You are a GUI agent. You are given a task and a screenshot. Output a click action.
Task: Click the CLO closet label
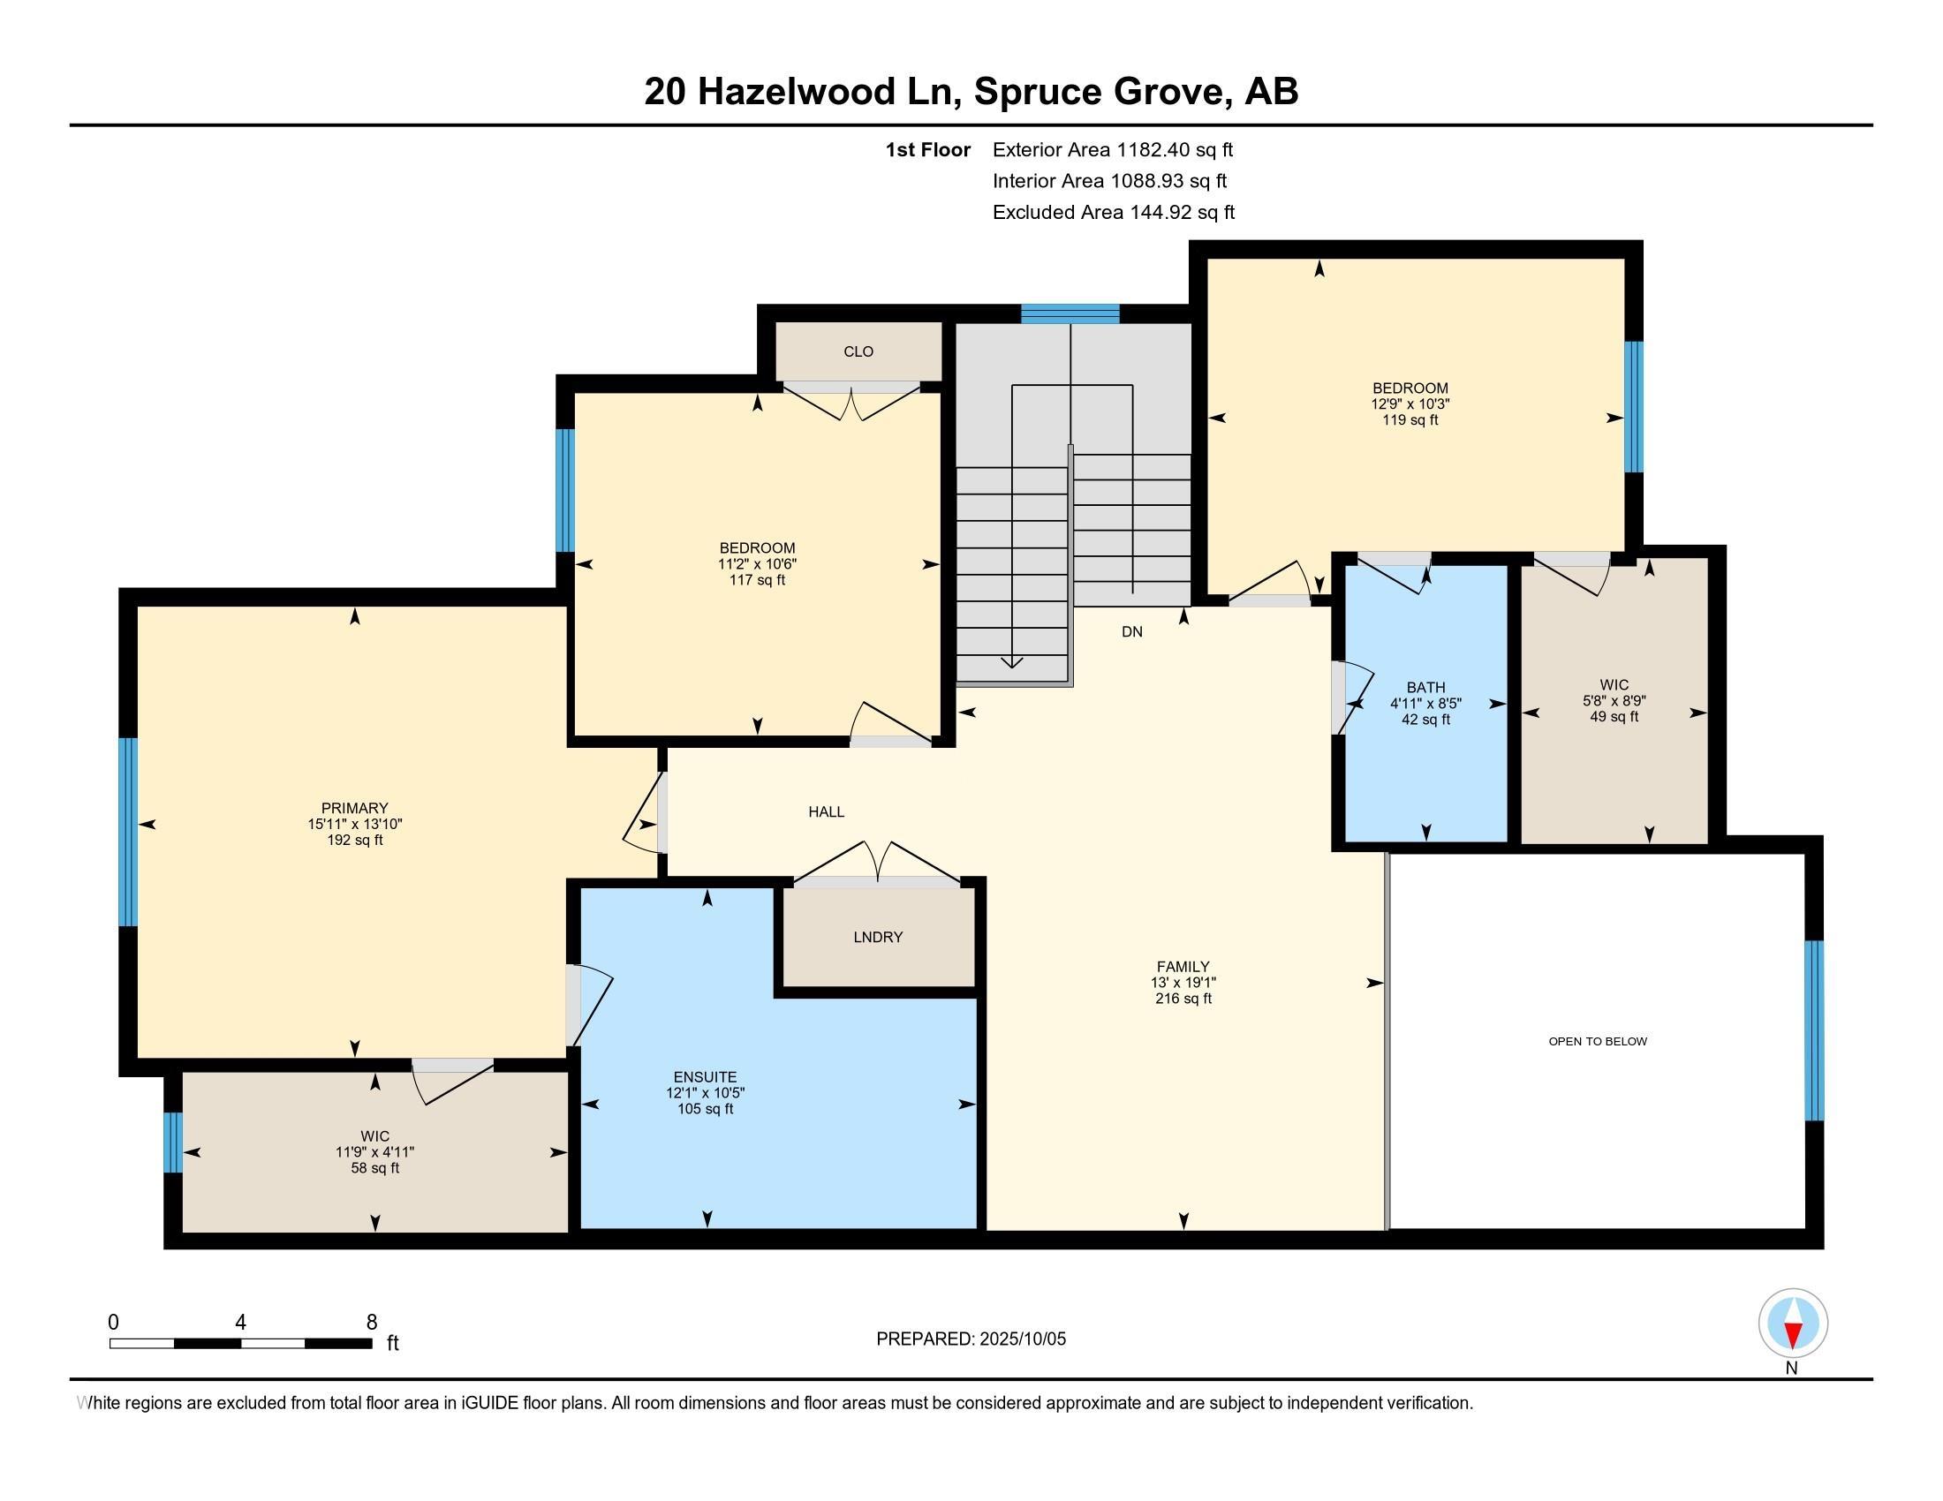[858, 352]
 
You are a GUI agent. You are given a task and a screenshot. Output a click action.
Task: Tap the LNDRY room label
[878, 937]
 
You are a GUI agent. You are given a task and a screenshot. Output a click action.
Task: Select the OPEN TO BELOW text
[1598, 1041]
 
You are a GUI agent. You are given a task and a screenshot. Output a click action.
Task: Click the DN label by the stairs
[1131, 632]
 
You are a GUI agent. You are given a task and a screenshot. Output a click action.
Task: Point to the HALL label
[826, 811]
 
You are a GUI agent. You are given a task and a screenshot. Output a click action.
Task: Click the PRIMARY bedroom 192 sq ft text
[355, 841]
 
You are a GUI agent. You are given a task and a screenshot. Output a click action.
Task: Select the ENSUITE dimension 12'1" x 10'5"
[706, 1093]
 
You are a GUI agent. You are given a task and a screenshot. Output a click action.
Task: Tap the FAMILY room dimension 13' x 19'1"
[1183, 983]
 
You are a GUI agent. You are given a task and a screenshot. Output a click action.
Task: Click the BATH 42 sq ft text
[1425, 720]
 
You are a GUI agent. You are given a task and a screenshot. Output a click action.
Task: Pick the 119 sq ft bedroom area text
[1410, 419]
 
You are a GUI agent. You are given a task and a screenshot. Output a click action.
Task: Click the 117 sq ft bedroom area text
[757, 581]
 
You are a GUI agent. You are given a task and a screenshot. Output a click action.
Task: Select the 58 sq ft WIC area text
[374, 1168]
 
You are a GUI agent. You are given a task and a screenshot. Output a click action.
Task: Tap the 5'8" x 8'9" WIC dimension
[1614, 701]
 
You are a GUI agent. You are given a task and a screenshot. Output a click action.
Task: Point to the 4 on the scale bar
[240, 1323]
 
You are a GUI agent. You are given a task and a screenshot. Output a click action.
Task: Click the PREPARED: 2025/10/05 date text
[971, 1339]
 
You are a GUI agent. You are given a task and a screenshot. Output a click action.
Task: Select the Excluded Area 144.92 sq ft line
[1113, 213]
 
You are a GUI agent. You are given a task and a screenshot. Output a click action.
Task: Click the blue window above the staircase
[1070, 314]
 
